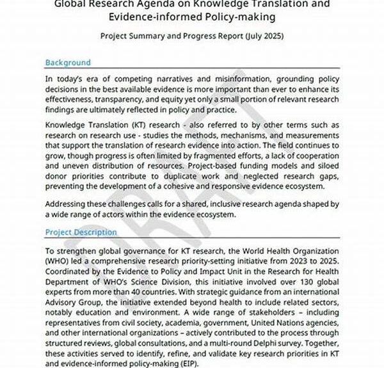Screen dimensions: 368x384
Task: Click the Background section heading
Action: point(68,63)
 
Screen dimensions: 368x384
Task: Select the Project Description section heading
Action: point(81,232)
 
